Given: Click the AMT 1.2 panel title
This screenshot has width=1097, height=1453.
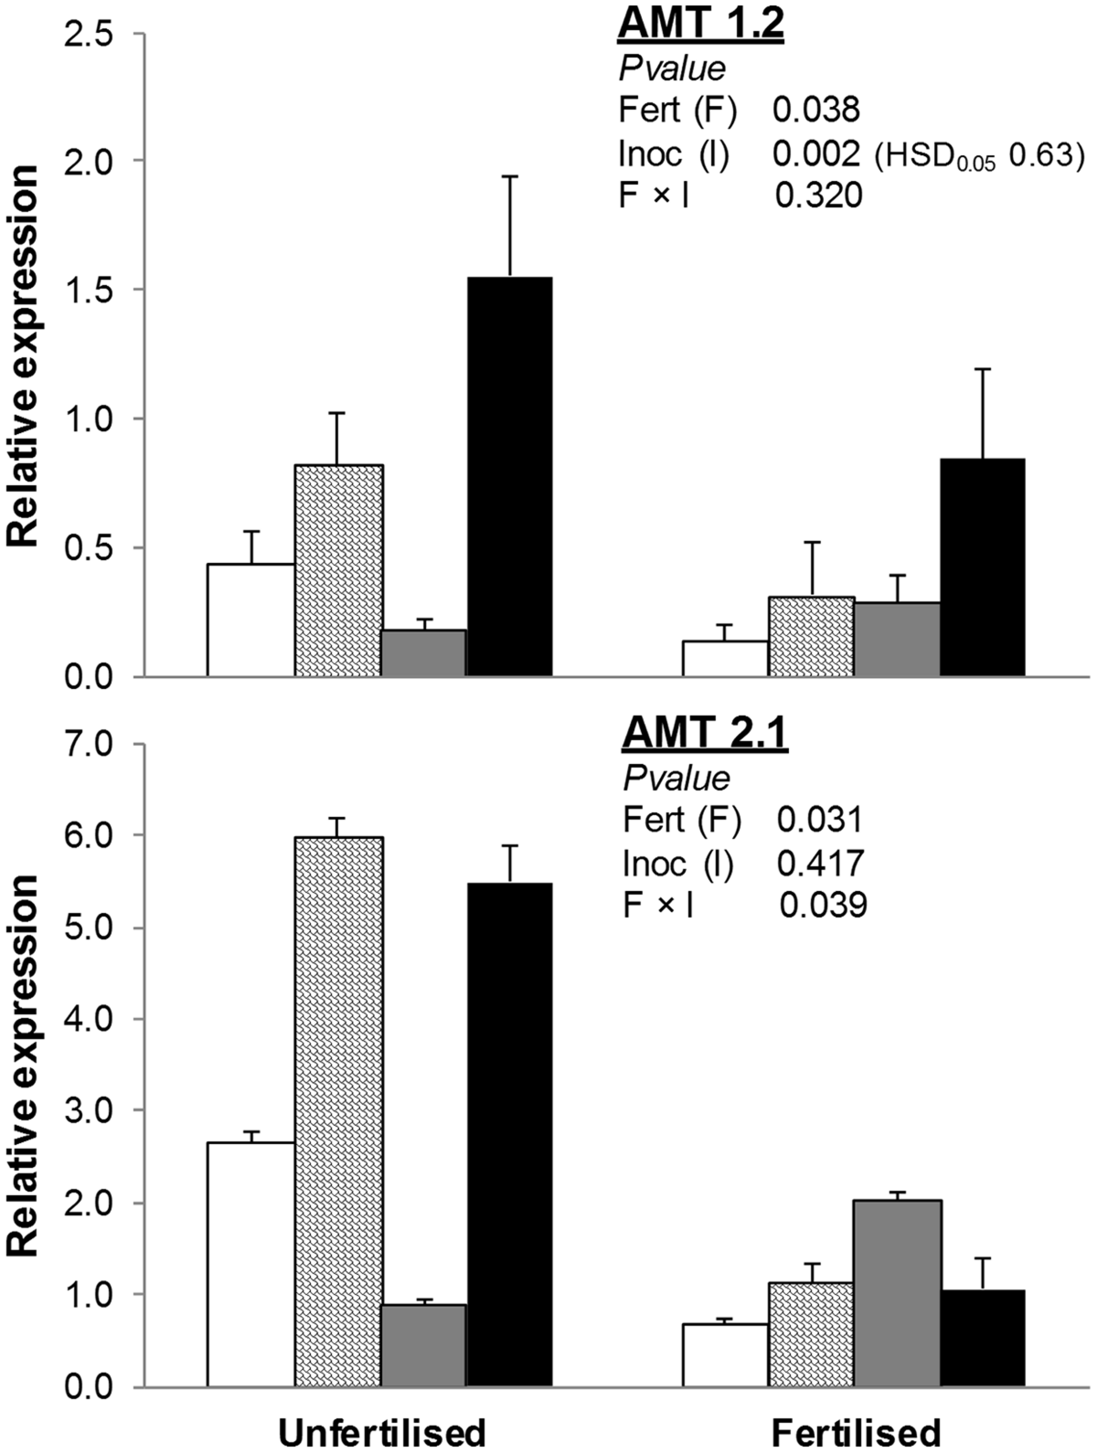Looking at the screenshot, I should (x=700, y=24).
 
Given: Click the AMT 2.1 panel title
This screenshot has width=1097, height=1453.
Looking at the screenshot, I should (x=704, y=733).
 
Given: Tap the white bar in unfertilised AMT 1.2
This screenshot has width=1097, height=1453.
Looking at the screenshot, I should (x=250, y=621).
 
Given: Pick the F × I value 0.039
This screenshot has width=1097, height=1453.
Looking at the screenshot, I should (x=823, y=905).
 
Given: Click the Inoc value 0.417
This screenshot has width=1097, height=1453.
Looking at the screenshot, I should (x=820, y=862).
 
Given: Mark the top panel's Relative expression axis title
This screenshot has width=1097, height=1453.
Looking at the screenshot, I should (x=25, y=356).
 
